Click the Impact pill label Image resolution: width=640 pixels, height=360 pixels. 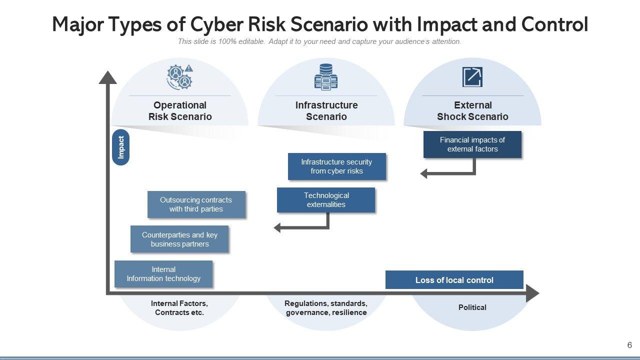[x=120, y=147]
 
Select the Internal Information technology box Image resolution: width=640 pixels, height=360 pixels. [x=163, y=274]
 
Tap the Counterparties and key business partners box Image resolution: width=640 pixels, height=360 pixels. [x=179, y=239]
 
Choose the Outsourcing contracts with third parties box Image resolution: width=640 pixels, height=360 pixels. [x=196, y=204]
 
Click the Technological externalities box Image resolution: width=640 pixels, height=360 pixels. [x=326, y=200]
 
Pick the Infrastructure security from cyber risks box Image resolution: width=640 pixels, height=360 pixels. [x=336, y=166]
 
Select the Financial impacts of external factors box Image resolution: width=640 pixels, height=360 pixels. [x=472, y=144]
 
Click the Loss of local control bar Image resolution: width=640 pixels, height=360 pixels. [x=454, y=280]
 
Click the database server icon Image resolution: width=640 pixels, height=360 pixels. [x=325, y=76]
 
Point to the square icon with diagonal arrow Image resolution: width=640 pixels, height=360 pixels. [x=472, y=76]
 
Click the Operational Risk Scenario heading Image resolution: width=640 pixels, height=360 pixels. [x=180, y=111]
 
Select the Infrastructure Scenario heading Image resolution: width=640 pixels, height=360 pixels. [x=326, y=111]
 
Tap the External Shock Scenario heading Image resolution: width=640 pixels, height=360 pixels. [x=472, y=111]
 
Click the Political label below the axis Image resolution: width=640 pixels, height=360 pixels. [x=472, y=307]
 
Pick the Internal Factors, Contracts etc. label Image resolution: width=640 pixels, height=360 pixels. [x=179, y=308]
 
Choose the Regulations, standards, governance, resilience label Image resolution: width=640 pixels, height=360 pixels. [x=326, y=308]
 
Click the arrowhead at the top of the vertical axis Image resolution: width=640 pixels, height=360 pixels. [x=107, y=77]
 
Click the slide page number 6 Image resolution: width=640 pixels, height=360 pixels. [x=629, y=345]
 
